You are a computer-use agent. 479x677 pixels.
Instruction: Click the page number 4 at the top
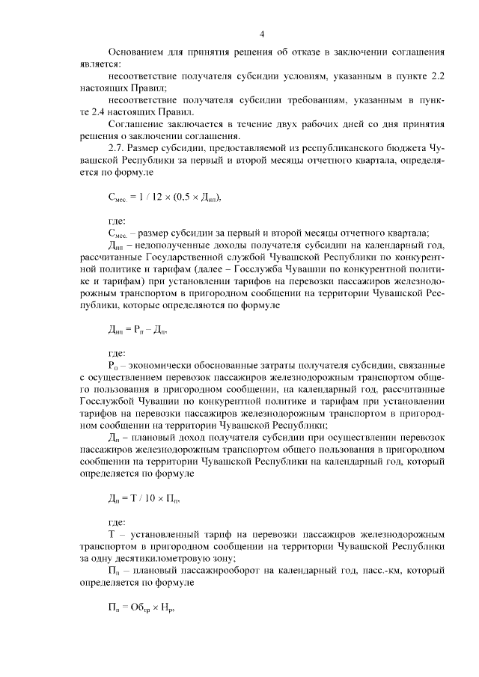[262, 34]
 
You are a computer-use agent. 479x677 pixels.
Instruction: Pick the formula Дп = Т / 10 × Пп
[144, 498]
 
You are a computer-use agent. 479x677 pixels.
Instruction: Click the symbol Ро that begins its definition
[115, 366]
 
